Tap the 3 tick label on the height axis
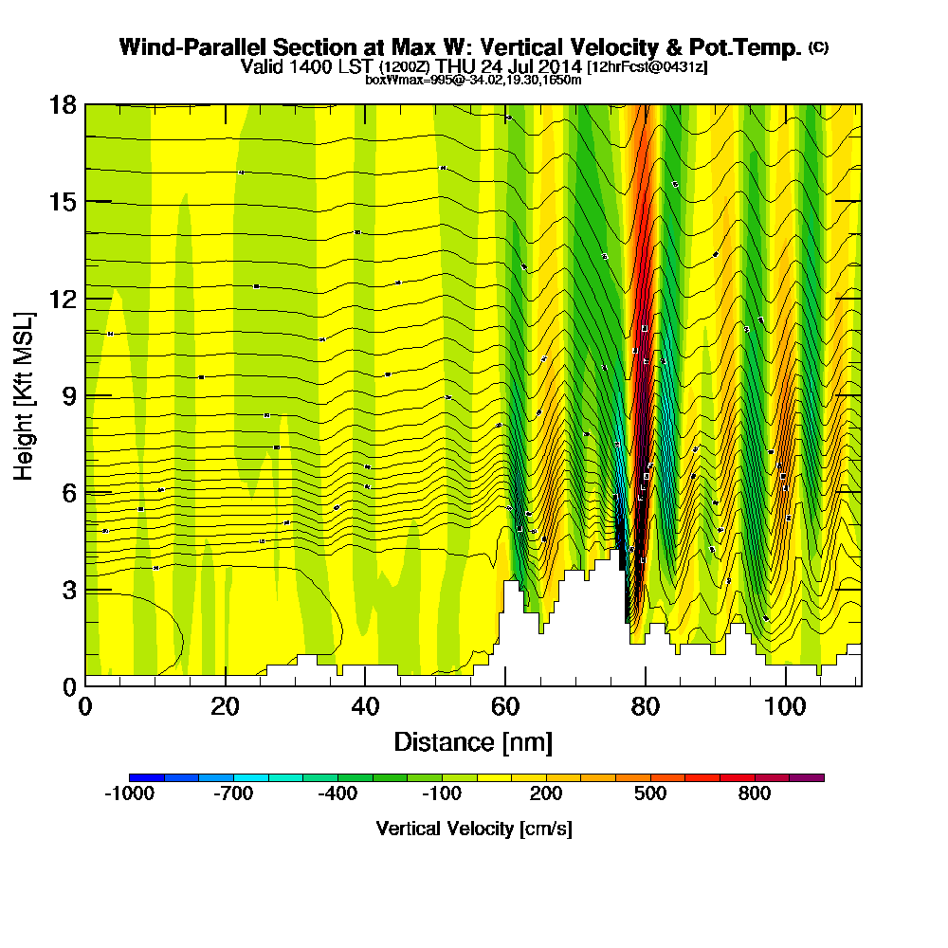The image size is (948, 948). [x=68, y=590]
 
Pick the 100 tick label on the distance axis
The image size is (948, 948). [x=786, y=707]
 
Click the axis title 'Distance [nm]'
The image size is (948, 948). [x=473, y=741]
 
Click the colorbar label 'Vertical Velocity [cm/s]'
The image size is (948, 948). [x=473, y=829]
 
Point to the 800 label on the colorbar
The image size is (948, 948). [x=755, y=794]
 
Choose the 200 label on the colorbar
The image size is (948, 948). [x=546, y=794]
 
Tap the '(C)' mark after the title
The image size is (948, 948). [x=818, y=47]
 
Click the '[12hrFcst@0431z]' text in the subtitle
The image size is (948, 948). [x=647, y=67]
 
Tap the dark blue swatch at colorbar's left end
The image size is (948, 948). [x=146, y=777]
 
